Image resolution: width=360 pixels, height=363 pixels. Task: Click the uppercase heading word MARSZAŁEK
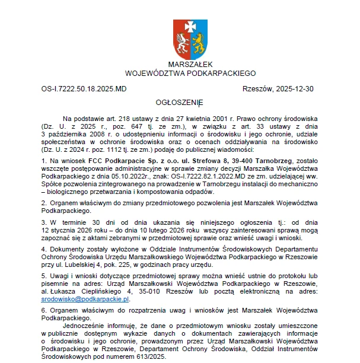pos(190,64)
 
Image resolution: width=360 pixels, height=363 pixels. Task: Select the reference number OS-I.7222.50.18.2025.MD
pos(84,89)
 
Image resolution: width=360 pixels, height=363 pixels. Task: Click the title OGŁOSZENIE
pos(180,103)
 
